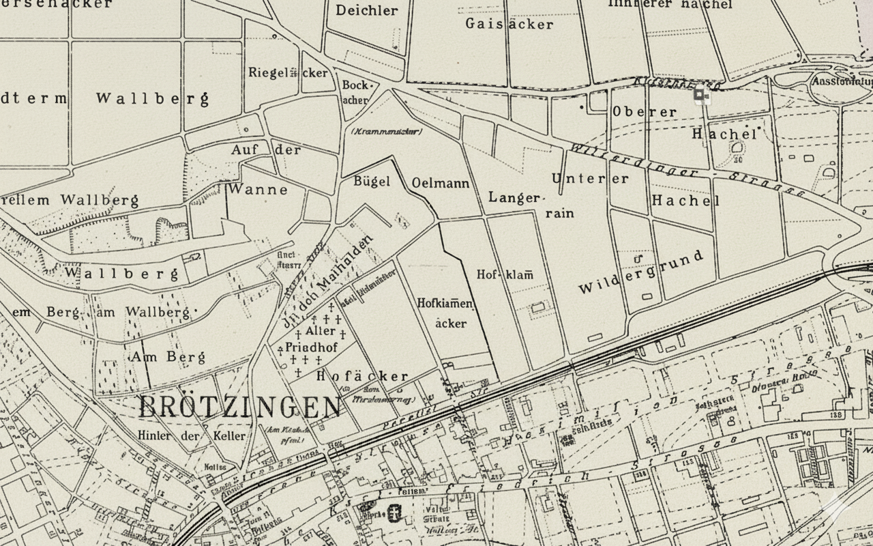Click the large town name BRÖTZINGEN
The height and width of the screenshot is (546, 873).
[239, 407]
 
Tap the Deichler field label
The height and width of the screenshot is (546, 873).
[367, 10]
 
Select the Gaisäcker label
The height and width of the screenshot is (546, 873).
[509, 24]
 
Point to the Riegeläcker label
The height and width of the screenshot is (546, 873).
[288, 73]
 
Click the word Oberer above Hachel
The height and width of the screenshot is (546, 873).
[645, 111]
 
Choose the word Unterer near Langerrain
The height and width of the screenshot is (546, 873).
[591, 179]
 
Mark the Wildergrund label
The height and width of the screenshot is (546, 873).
[640, 272]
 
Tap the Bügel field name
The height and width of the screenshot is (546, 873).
[372, 182]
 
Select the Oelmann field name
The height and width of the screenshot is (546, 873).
[441, 184]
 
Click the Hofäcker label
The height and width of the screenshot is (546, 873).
[362, 376]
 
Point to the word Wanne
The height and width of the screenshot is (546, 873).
[258, 189]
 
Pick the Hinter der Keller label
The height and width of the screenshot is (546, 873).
[191, 436]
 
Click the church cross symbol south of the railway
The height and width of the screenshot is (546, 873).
[394, 512]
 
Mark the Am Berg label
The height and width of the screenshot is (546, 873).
[153, 357]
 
